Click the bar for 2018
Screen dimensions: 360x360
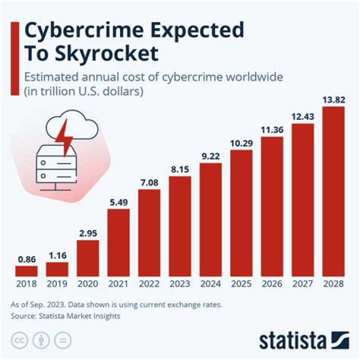tap(26, 271)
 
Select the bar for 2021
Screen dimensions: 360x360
tap(118, 242)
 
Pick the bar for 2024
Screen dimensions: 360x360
tap(210, 219)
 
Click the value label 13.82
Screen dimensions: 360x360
tap(333, 99)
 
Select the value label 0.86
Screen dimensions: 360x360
tap(26, 259)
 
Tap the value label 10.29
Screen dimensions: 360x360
tap(241, 143)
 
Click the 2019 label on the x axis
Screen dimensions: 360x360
tap(57, 284)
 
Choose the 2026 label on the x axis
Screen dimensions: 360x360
tap(272, 284)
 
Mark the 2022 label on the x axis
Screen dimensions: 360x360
tap(149, 284)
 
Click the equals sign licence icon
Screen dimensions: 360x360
tap(62, 340)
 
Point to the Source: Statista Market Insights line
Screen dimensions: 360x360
tap(65, 316)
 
